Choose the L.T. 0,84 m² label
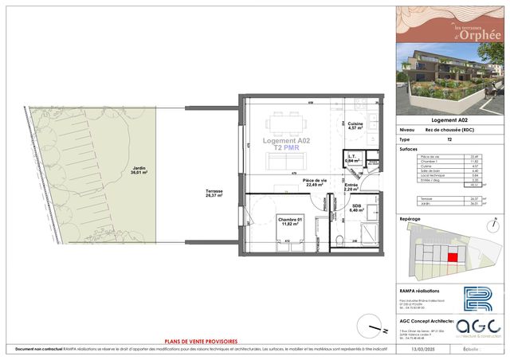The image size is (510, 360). click(351, 158)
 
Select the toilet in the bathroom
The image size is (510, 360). click(340, 241)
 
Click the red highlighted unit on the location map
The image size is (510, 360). click(453, 257)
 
